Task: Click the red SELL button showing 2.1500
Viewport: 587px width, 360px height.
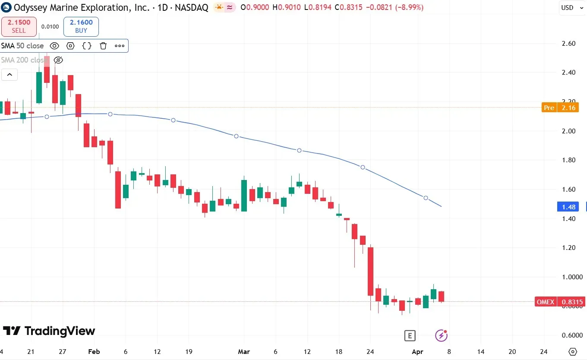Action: coord(19,26)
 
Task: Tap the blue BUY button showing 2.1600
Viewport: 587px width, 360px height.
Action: coord(81,26)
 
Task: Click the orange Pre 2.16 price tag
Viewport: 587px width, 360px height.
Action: coord(559,107)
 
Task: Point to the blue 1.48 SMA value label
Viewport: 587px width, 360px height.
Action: coord(568,207)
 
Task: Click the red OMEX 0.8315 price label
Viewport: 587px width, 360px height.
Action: coord(559,302)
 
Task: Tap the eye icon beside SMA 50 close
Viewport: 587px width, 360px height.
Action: coord(54,46)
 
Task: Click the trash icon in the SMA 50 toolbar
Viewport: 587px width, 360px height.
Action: coord(103,46)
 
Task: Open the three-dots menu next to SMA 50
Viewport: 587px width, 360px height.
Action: coord(120,46)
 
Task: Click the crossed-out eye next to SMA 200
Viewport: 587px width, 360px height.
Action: coord(58,60)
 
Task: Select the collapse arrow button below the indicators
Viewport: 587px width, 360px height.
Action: coord(9,75)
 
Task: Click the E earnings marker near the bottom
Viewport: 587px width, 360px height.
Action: coord(410,335)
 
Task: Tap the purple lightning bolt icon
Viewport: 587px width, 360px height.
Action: coord(441,335)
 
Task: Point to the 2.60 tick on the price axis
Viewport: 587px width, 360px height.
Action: coord(569,44)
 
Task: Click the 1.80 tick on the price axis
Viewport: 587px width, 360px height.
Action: coord(569,160)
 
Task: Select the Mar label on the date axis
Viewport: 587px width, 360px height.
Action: coord(244,352)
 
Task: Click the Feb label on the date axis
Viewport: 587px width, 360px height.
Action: coord(94,352)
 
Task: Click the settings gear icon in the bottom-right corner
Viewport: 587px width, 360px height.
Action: coord(573,351)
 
